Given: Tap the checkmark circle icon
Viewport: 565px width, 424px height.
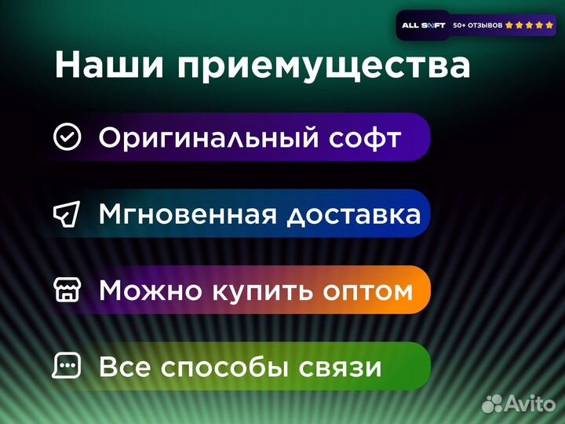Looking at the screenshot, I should point(67,137).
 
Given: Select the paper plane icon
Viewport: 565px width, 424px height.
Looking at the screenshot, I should point(67,214).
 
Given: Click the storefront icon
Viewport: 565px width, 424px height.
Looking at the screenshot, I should point(67,290).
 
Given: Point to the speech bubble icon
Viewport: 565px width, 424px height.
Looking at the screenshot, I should point(67,366).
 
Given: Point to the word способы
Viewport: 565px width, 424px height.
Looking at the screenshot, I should point(221,367).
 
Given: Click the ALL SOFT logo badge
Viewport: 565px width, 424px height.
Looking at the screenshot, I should point(423,25).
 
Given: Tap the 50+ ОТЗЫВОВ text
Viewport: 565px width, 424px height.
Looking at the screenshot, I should point(478,25).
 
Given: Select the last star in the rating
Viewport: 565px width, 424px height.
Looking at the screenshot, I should point(549,25).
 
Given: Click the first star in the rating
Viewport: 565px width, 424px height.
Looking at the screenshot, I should point(509,25).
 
